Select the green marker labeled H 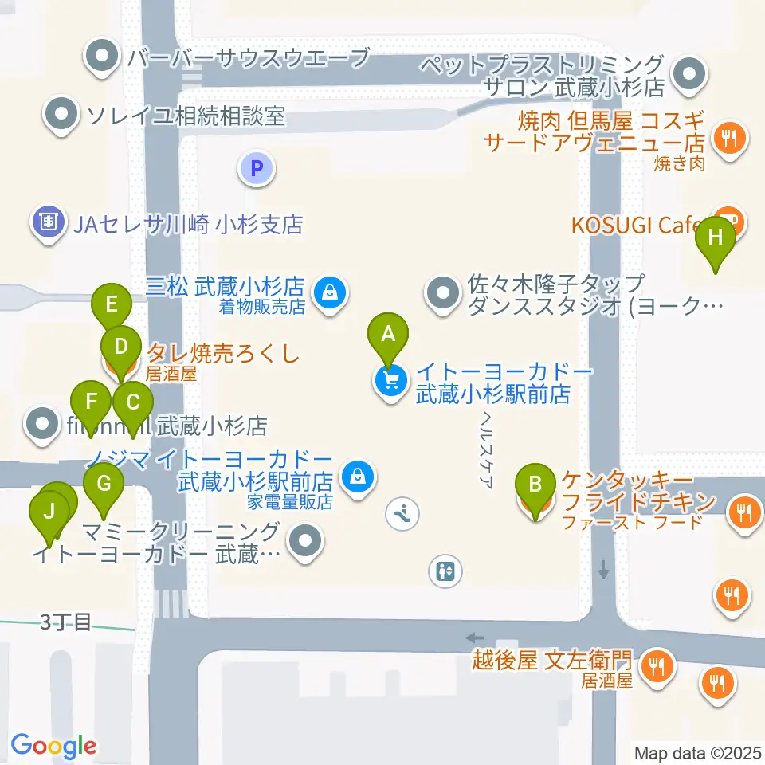[716, 237]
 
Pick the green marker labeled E [112, 304]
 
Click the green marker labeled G [104, 483]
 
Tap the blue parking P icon [256, 168]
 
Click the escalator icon [402, 513]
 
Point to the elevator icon [445, 571]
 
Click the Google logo [53, 747]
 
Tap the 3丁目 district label [67, 622]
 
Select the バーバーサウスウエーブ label [248, 57]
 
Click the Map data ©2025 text [698, 753]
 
